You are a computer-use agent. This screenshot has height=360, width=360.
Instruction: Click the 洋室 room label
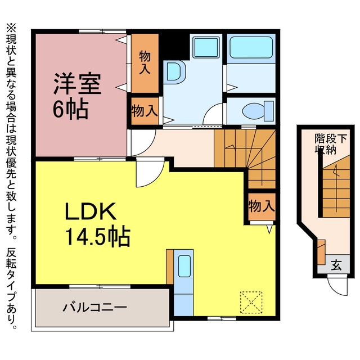pos(78,84)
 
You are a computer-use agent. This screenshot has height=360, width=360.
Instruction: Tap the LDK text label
pos(91,211)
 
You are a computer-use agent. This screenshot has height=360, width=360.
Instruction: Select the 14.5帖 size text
pos(98,236)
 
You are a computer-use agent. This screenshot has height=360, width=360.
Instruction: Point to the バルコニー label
pos(95,308)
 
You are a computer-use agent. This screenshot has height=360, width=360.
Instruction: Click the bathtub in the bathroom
pos(251,47)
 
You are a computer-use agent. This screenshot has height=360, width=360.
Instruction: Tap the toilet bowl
pos(258,111)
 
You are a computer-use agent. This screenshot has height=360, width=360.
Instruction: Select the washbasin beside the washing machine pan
pos(175,71)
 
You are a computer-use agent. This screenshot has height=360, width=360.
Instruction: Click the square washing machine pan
pos(206,47)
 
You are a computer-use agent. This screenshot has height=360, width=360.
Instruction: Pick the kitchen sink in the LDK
pos(184,266)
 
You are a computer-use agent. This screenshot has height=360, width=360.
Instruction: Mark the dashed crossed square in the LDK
pos(251,303)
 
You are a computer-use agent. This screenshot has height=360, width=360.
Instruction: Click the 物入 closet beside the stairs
pos(262,206)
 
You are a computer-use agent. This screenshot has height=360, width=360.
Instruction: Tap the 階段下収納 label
pos(330,143)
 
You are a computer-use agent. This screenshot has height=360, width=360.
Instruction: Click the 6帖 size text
pos(70,109)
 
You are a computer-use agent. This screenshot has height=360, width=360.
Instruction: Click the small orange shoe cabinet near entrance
pos(321,252)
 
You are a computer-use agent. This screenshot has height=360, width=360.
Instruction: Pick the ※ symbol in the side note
pos(11,29)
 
